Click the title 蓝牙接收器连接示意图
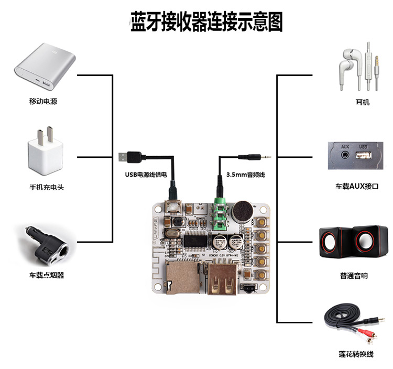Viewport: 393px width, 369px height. [x=206, y=23]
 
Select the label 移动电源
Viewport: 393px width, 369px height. [x=43, y=101]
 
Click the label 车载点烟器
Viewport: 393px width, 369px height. [x=46, y=275]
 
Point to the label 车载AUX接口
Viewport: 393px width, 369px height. [x=357, y=186]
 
